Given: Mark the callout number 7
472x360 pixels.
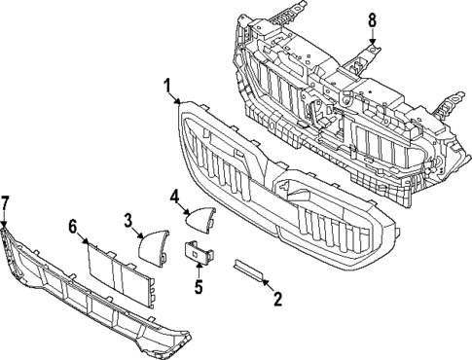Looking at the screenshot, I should click(5, 202).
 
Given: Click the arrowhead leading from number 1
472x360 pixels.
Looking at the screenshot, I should click(179, 105).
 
